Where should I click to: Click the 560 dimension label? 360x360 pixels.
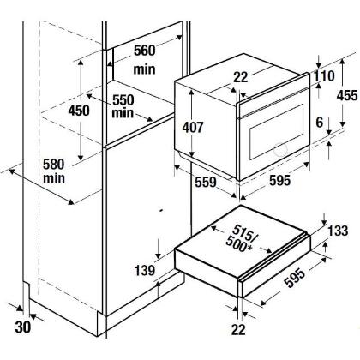pyautogui.click(x=145, y=51)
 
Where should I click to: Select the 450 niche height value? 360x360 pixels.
pyautogui.click(x=79, y=111)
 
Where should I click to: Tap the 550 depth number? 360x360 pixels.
pyautogui.click(x=123, y=100)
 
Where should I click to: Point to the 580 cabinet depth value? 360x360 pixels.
pyautogui.click(x=54, y=165)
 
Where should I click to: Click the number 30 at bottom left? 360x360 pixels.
pyautogui.click(x=23, y=327)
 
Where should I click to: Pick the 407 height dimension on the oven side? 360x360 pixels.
pyautogui.click(x=193, y=127)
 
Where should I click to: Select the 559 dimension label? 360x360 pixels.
pyautogui.click(x=206, y=182)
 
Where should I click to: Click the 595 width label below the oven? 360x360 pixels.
pyautogui.click(x=279, y=180)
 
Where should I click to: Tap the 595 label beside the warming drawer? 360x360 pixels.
pyautogui.click(x=295, y=279)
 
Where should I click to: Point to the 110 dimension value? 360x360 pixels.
pyautogui.click(x=324, y=76)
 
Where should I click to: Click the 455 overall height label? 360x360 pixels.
pyautogui.click(x=347, y=95)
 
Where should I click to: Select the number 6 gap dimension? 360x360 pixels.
pyautogui.click(x=320, y=123)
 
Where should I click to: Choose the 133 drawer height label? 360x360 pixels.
pyautogui.click(x=338, y=231)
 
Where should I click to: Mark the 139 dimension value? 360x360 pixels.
pyautogui.click(x=145, y=270)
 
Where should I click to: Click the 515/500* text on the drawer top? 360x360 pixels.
pyautogui.click(x=240, y=238)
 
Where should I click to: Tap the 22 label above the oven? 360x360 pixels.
pyautogui.click(x=241, y=77)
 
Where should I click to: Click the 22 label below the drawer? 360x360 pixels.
pyautogui.click(x=238, y=330)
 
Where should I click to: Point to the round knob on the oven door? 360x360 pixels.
pyautogui.click(x=280, y=149)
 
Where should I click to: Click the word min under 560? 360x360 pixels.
pyautogui.click(x=145, y=69)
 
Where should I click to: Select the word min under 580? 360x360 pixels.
pyautogui.click(x=54, y=178)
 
